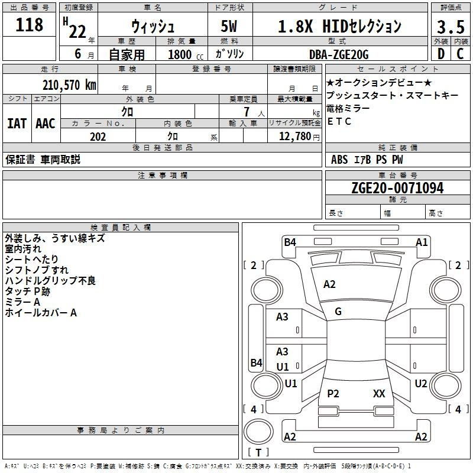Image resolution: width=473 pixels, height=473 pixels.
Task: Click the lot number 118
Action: pos(30,25)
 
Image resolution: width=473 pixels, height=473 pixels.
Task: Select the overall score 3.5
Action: pos(451,27)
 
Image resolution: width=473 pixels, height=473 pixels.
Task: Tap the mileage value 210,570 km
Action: pos(69,85)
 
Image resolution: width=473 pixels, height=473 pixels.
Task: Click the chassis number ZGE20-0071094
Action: pos(397,188)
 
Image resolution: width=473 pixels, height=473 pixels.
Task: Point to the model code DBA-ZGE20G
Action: pos(338,55)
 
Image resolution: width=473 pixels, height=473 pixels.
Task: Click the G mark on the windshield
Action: pos(338,312)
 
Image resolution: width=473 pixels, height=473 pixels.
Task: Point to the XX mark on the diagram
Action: pos(379,393)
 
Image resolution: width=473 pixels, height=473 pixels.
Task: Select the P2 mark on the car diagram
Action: pos(333,393)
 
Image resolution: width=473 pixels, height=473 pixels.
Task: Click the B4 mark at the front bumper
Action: pos(290,242)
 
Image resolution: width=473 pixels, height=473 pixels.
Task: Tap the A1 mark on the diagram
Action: pos(422,242)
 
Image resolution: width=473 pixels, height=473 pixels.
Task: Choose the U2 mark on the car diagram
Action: pos(420,384)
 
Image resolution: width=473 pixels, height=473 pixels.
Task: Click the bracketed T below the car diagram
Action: pos(259,453)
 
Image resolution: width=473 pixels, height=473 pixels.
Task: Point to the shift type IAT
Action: pos(17,124)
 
